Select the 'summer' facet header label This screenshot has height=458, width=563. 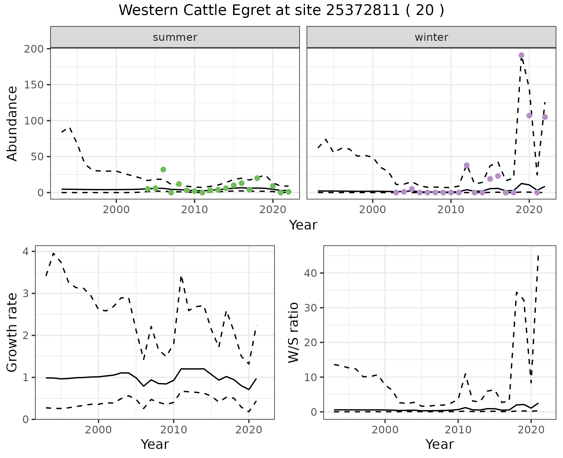(175, 37)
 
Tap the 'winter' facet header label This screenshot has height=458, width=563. (431, 37)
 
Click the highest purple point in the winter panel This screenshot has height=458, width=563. (521, 55)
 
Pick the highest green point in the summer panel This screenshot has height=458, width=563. (163, 169)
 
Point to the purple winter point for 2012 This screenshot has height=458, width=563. (467, 165)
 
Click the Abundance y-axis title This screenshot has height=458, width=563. (12, 123)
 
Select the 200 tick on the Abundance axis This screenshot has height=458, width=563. (33, 49)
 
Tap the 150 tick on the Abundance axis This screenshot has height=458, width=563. (33, 85)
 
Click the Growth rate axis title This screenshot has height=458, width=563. (12, 332)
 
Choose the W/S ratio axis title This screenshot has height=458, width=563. (293, 332)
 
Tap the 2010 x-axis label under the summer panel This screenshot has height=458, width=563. (194, 210)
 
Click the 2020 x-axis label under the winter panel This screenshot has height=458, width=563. (529, 210)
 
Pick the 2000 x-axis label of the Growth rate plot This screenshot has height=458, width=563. (98, 430)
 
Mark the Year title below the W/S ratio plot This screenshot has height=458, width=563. (440, 444)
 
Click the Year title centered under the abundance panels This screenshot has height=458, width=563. (303, 225)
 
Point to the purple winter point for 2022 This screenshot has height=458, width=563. (545, 117)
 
